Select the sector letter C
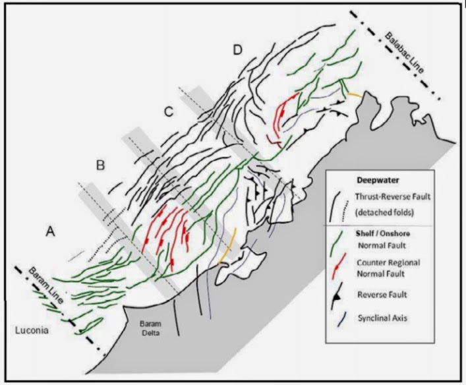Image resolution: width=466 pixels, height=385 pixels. pos(168,112)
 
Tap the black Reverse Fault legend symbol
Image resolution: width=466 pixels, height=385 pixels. pos(340,296)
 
